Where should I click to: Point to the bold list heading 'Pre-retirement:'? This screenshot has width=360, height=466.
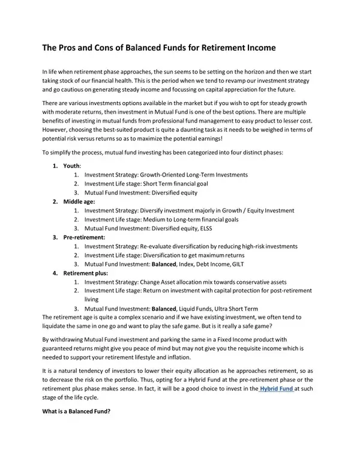85,237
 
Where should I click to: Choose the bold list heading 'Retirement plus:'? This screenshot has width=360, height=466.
86,273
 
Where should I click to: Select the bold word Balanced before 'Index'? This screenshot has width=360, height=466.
164,264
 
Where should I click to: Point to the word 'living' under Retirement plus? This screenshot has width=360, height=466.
91,298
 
